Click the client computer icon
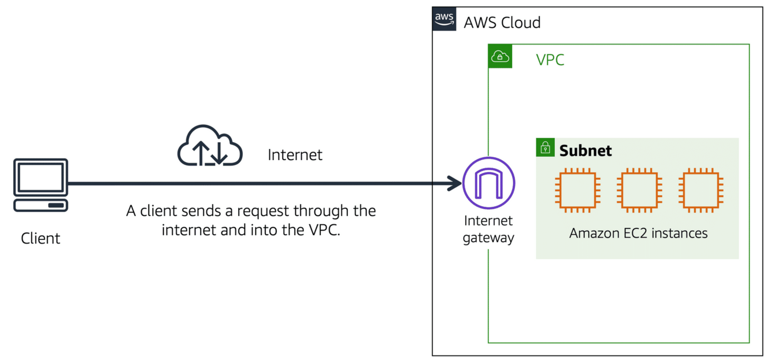pos(40,180)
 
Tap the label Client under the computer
pos(40,238)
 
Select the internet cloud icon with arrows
pos(209,146)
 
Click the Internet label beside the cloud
pos(295,155)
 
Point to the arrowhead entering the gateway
pos(454,184)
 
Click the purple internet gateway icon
pos(488,184)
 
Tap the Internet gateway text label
pos(488,229)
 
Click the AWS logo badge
pos(444,20)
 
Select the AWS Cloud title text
pos(502,23)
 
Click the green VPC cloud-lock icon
pos(500,56)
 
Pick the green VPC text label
pos(550,60)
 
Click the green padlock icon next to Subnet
pos(545,148)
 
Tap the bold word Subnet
pos(585,150)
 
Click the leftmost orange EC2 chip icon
pos(577,190)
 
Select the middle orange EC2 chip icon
pos(639,190)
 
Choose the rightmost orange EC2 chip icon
pos(700,190)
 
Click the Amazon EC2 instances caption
pos(639,233)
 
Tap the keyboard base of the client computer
pos(40,205)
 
